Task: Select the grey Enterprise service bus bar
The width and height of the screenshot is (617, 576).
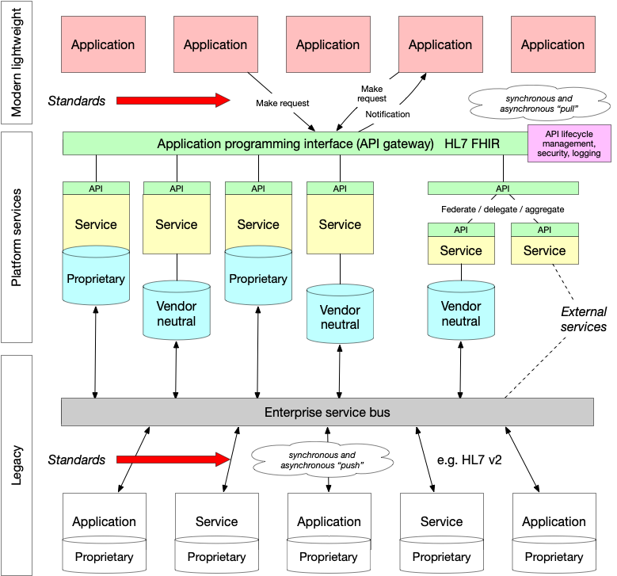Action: point(327,412)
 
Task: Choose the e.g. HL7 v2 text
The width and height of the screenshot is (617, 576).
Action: point(470,460)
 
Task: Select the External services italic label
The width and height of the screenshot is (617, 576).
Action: point(583,319)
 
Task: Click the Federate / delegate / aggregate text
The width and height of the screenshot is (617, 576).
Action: point(502,208)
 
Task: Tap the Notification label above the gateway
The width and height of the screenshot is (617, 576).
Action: point(387,114)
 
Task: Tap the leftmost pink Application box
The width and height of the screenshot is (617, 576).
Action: point(103,45)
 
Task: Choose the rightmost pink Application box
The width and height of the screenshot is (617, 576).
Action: point(552,45)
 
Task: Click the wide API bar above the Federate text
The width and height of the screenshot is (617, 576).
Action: point(503,189)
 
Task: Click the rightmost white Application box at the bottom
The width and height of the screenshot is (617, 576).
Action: point(554,521)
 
